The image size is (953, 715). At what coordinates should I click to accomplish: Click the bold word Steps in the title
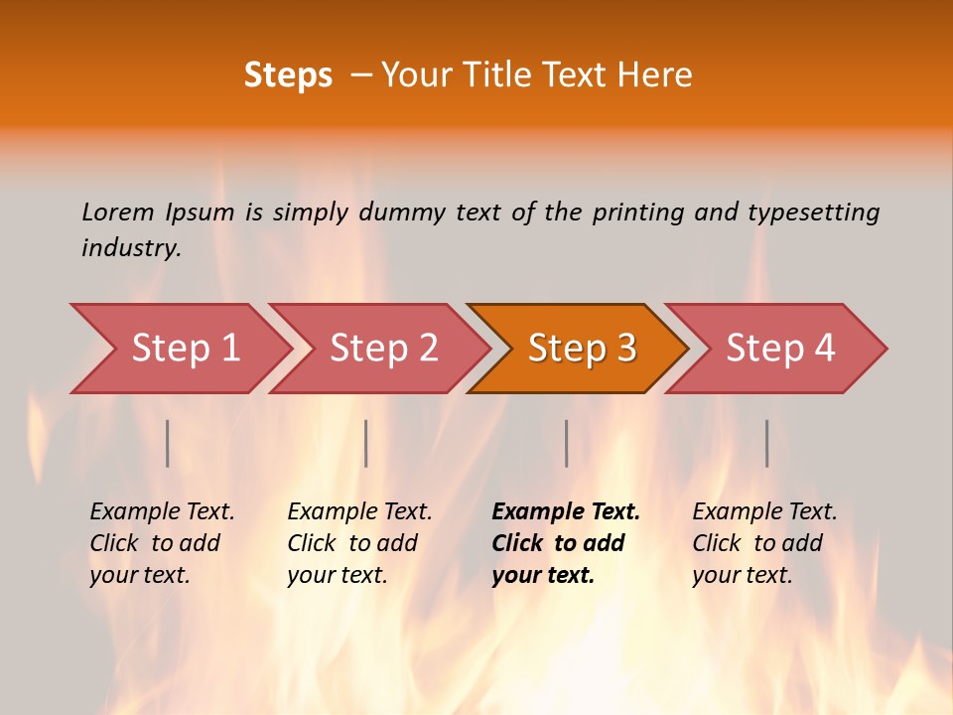coord(288,75)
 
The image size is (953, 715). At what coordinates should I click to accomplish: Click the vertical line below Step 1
coord(168,443)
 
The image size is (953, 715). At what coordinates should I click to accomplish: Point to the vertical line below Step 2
coord(366,443)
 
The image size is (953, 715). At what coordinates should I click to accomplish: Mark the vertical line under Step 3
coord(566,443)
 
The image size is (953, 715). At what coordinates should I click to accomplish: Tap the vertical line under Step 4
coord(766,443)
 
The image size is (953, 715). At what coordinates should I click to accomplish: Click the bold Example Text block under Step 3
coord(566,543)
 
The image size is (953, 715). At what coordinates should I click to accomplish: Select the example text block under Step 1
coord(162,543)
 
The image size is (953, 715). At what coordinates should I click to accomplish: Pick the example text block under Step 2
coord(359,543)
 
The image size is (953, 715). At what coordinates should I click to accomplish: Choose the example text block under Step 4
coord(764,543)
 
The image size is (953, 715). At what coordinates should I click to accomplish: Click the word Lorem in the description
coord(118,212)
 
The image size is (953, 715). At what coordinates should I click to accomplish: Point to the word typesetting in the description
coord(813,212)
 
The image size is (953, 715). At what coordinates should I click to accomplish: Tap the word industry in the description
coord(131,248)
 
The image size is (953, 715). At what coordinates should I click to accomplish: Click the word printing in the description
coord(638,212)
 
